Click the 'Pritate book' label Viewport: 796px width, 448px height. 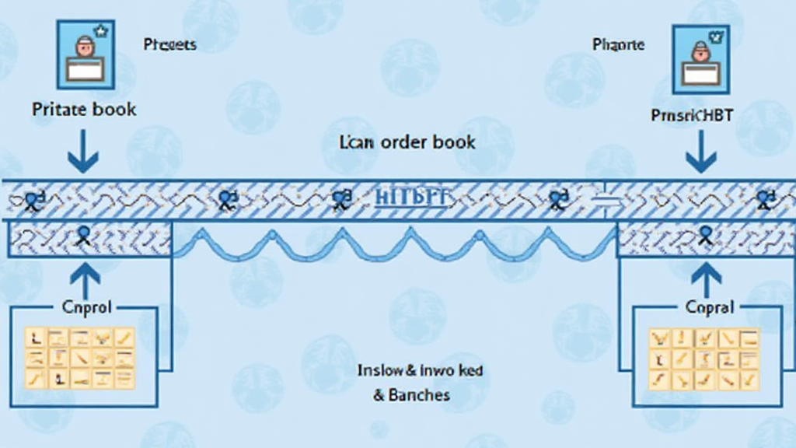click(x=84, y=109)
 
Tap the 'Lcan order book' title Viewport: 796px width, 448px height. click(x=408, y=142)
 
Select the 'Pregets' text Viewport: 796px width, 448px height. click(x=169, y=44)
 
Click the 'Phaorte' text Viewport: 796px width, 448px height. click(x=618, y=44)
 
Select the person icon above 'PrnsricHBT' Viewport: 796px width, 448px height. click(x=700, y=59)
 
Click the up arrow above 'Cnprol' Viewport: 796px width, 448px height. click(x=83, y=280)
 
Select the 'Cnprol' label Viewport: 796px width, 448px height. click(x=86, y=307)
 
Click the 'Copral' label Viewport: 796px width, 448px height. click(x=710, y=307)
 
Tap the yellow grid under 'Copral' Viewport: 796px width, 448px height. click(x=703, y=359)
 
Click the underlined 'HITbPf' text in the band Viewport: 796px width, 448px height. click(x=412, y=198)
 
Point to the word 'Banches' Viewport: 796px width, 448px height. click(x=411, y=395)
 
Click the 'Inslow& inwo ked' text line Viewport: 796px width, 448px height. click(x=420, y=370)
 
